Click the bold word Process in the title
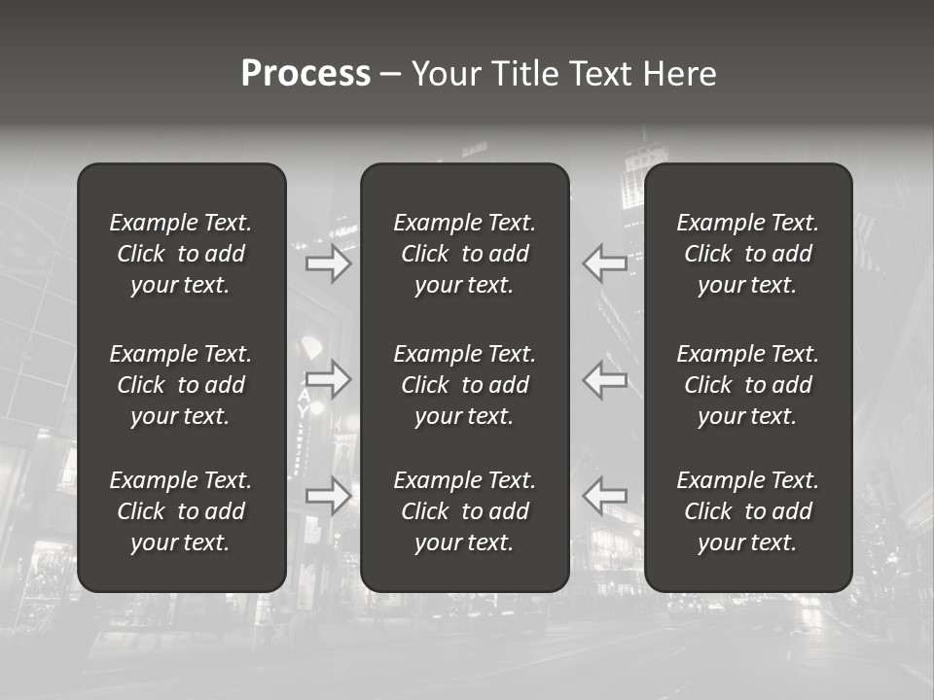pos(305,74)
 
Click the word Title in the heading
pos(524,74)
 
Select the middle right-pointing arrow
pos(329,379)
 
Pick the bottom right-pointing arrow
pos(329,496)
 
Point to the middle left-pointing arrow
pos(604,379)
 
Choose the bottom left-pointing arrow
pos(604,496)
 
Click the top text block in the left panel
pos(181,254)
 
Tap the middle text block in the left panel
pos(181,385)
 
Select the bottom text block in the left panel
pos(181,511)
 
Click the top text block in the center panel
pos(465,254)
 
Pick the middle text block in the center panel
pos(465,385)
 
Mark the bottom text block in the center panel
pos(465,511)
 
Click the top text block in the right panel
pos(748,254)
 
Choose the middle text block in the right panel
pos(748,385)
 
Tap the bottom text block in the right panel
pos(748,511)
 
